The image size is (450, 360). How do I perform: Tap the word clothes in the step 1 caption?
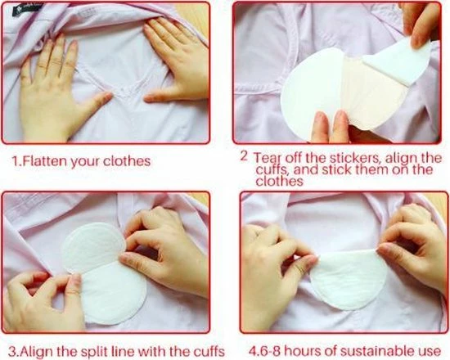127,160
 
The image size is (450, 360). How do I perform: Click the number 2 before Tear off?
244,156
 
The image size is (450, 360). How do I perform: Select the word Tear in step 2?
268,158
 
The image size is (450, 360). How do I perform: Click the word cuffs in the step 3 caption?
208,351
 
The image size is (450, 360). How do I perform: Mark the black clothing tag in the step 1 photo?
28,9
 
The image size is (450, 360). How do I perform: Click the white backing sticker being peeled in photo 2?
399,61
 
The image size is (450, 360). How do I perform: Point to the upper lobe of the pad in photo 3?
93,247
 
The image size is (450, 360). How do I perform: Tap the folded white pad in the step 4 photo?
348,280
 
